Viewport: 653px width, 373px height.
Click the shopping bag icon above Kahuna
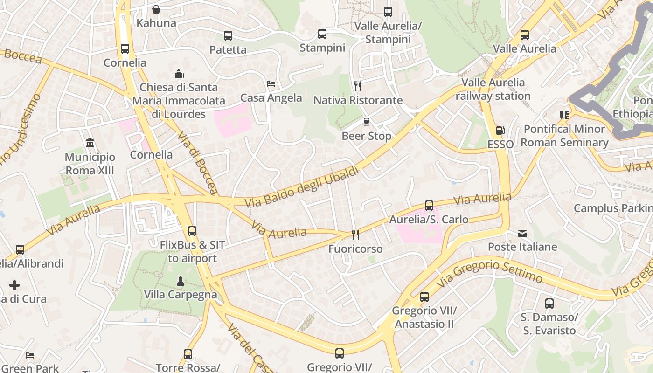[x=156, y=9]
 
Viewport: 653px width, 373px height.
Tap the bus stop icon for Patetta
[x=228, y=36]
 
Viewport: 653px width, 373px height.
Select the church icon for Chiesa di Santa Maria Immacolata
[x=179, y=74]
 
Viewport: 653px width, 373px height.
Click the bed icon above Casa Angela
[x=271, y=84]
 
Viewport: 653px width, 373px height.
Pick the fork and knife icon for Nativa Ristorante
[x=358, y=86]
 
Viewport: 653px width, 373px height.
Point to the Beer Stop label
[x=366, y=136]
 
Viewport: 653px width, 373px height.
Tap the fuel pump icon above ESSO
[x=500, y=131]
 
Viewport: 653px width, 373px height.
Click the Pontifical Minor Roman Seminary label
[x=564, y=136]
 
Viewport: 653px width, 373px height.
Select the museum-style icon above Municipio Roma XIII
[x=90, y=143]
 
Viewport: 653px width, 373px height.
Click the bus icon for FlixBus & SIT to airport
[x=192, y=231]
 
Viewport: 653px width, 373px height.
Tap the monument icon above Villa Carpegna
[x=181, y=281]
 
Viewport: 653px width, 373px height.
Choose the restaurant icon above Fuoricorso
[x=355, y=235]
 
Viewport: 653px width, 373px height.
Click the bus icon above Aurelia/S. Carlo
[x=429, y=205]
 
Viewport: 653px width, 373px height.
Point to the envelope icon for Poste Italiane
[x=522, y=233]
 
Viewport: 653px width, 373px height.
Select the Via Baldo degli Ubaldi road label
[x=302, y=186]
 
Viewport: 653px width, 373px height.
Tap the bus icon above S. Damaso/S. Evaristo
[x=549, y=304]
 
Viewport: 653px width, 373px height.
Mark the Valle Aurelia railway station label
[x=493, y=89]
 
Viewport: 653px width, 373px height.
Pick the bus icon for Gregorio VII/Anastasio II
[x=424, y=297]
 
